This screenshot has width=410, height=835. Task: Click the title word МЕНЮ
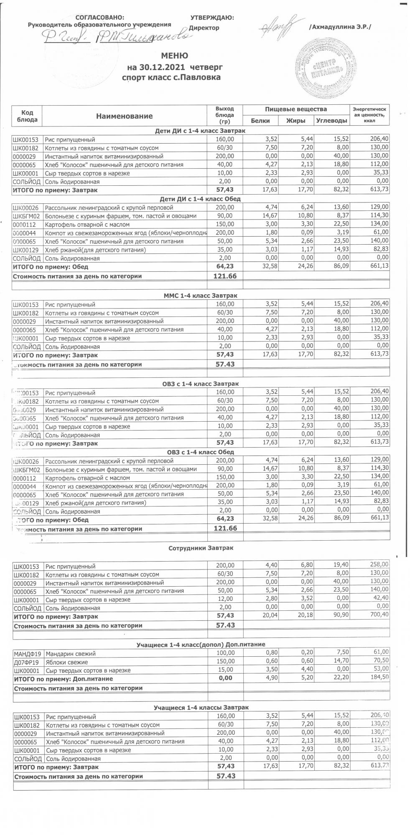click(175, 56)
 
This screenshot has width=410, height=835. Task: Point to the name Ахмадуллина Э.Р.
click(340, 27)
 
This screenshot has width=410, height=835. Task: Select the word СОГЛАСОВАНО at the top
click(99, 18)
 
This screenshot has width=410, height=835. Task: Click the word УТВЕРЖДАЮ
click(212, 18)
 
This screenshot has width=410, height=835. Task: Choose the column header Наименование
click(125, 116)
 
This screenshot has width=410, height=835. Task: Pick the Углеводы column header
click(331, 121)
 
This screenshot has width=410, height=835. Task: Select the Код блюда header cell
click(27, 116)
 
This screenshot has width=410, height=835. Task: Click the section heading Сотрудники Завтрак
click(201, 548)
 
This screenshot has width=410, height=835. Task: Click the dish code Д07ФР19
click(26, 662)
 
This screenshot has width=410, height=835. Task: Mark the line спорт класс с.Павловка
click(171, 77)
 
